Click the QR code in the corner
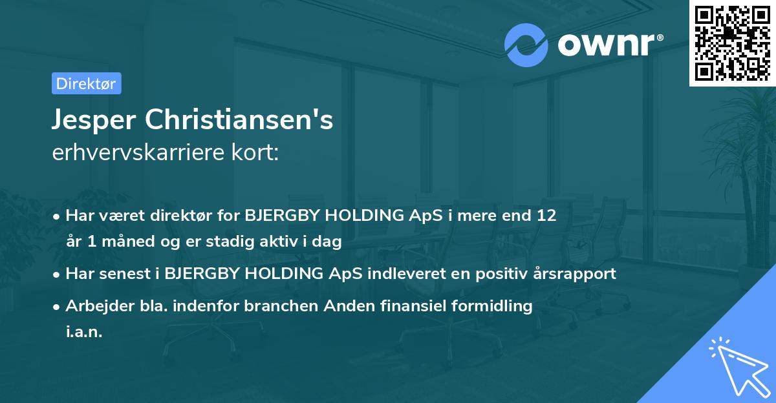[x=732, y=43]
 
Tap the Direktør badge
[x=86, y=83]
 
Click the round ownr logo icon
[x=526, y=45]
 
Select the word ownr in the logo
[x=609, y=45]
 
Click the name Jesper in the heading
[x=93, y=120]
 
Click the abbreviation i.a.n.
[x=84, y=332]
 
